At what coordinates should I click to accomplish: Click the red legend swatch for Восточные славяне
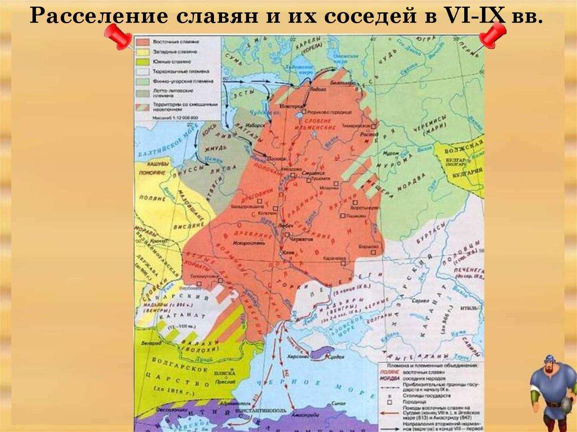point(143,42)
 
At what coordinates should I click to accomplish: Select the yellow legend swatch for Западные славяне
point(143,51)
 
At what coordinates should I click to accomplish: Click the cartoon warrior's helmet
point(549,360)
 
